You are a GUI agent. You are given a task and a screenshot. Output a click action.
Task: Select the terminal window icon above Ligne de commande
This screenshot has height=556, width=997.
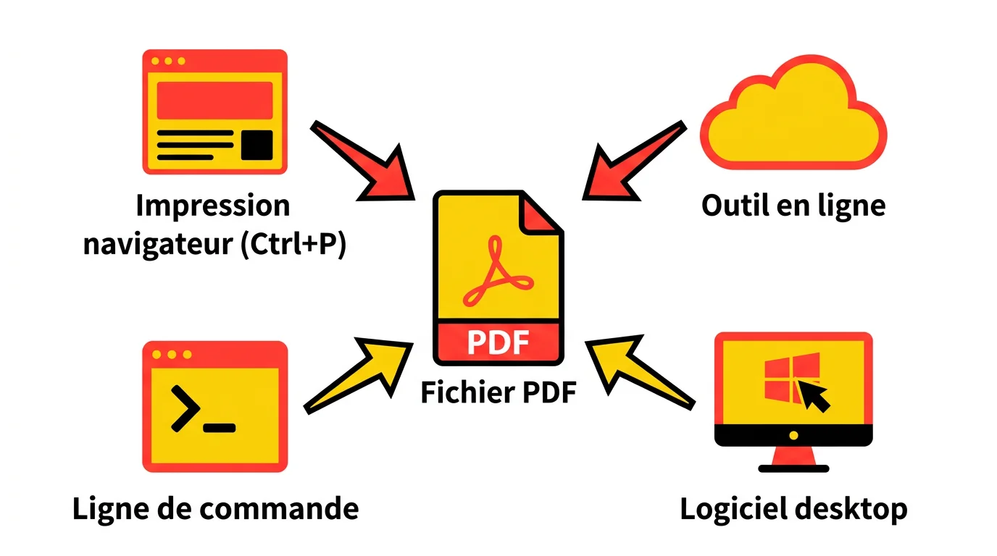coord(215,406)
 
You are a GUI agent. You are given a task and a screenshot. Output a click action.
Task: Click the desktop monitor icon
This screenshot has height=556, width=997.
coord(793,391)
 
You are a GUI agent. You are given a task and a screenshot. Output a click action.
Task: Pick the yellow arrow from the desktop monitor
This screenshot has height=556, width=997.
coord(638,373)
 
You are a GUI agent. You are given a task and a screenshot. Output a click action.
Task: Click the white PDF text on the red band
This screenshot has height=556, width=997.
coord(498,342)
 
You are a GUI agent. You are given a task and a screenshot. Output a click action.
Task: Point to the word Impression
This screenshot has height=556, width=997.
coord(213,206)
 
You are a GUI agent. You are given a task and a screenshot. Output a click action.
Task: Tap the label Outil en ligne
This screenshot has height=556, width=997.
coord(793,206)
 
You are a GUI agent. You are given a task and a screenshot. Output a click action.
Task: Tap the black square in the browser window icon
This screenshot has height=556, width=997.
coord(256,145)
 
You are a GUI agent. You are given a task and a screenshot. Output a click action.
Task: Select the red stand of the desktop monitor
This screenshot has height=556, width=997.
coord(793,458)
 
